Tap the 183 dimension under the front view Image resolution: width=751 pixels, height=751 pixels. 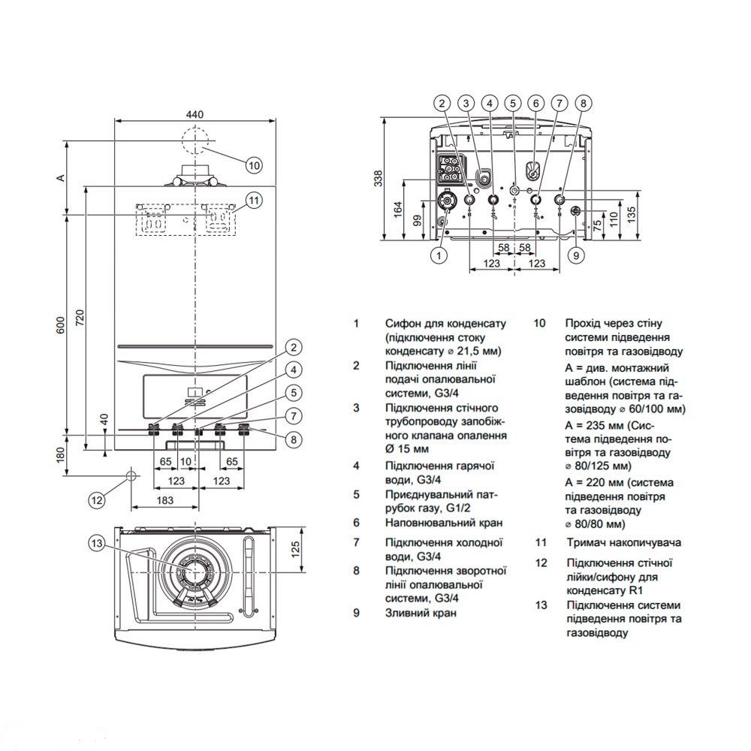[x=165, y=499]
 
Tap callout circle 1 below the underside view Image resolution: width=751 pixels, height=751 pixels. [x=438, y=256]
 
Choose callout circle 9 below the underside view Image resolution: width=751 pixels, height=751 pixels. [x=576, y=256]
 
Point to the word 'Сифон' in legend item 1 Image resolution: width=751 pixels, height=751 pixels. [x=401, y=324]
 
